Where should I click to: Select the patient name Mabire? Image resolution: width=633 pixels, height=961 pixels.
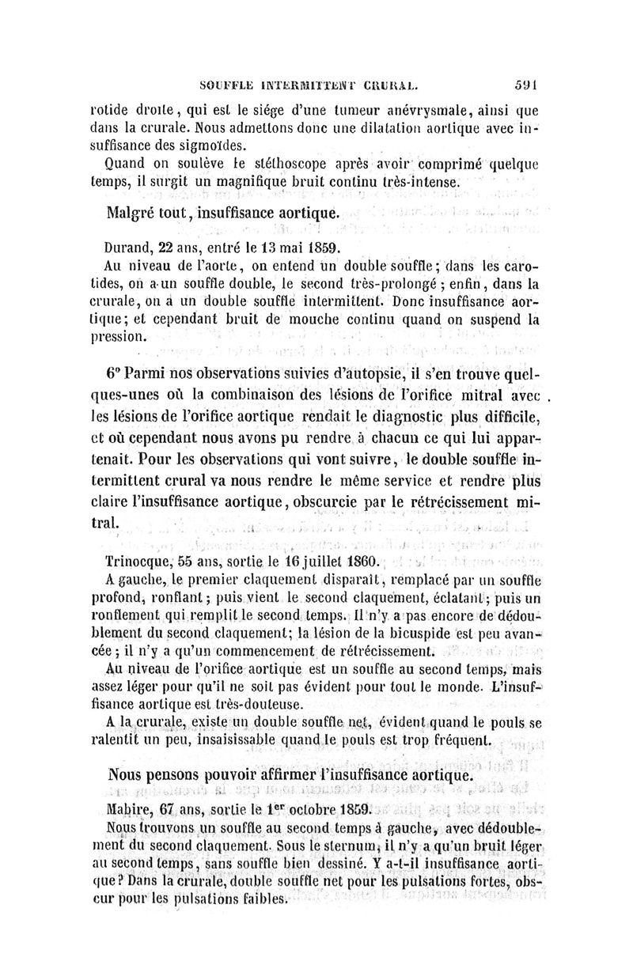pyautogui.click(x=128, y=809)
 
